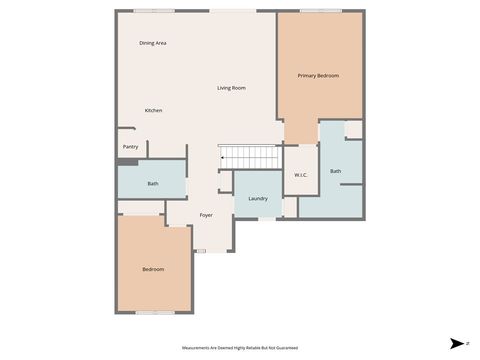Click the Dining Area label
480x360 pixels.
click(153, 43)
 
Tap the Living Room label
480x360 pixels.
click(231, 88)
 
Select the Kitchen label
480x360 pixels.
click(153, 110)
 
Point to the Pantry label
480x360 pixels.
click(130, 147)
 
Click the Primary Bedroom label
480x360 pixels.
click(318, 76)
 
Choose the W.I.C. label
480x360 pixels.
click(300, 176)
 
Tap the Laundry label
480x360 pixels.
click(258, 198)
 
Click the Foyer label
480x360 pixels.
click(206, 215)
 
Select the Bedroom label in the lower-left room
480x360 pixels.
click(152, 269)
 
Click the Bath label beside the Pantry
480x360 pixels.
click(152, 184)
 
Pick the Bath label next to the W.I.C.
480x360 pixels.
click(336, 171)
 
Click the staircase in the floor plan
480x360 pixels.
click(251, 157)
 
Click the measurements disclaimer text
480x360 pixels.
click(240, 348)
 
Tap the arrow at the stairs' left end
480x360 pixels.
click(222, 157)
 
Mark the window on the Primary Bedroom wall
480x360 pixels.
click(320, 11)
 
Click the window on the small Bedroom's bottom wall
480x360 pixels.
click(155, 313)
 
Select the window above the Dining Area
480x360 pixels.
click(155, 11)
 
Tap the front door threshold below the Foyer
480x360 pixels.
click(200, 251)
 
